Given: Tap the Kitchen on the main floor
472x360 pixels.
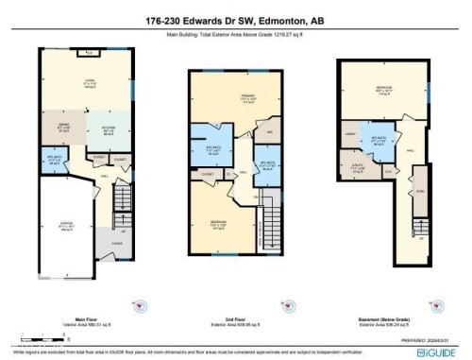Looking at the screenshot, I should pos(103,129).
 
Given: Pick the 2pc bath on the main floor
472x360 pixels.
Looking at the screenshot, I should pos(53,160).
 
